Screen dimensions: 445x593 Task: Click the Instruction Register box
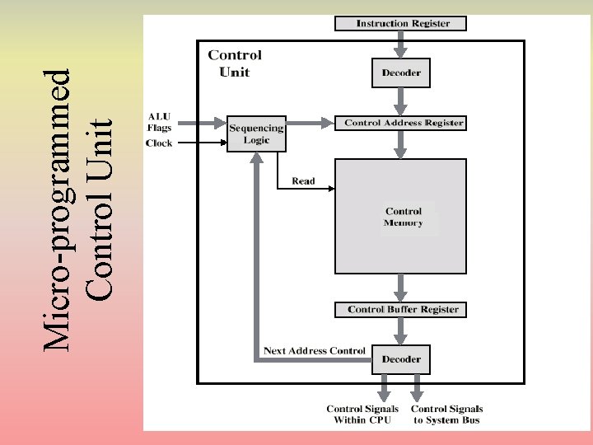400,24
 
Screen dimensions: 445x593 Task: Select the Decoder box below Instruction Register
400,73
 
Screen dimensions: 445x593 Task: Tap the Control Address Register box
400,123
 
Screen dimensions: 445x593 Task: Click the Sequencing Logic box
256,133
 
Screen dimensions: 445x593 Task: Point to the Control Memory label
403,217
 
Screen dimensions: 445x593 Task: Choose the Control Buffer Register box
401,310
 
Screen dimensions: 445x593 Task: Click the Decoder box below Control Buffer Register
401,359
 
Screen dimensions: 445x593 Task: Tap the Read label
303,181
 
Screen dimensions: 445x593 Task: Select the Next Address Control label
314,351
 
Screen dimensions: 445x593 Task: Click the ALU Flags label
159,122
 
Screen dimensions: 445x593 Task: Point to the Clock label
159,143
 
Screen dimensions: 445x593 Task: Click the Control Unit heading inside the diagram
235,63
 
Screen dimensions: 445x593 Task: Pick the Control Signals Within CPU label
362,415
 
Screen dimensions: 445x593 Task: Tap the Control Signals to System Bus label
446,415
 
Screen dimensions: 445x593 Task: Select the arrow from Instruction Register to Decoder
400,44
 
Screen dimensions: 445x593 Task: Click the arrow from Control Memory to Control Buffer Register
401,288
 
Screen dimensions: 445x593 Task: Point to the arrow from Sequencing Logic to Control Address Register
310,123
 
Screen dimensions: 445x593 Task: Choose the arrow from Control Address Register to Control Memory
401,145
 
